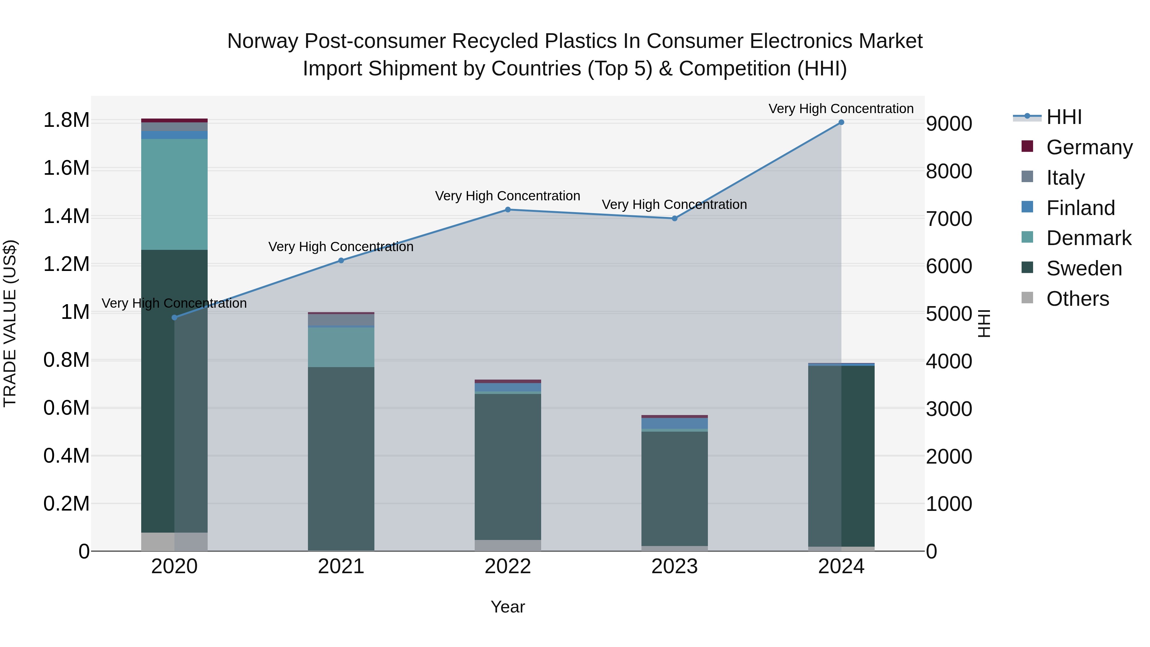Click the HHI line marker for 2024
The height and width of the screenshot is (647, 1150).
point(841,122)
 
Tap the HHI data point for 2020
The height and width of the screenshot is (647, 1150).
point(174,318)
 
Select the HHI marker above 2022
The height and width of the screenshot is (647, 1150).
point(508,209)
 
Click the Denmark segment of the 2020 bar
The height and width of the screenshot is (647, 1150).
point(174,194)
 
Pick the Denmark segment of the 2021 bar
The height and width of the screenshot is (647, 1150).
point(341,347)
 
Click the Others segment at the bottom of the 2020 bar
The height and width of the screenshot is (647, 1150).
point(174,542)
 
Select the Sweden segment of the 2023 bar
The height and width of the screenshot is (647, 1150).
point(675,489)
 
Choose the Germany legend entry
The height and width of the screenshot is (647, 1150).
point(1089,147)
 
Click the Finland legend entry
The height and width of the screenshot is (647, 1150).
point(1080,208)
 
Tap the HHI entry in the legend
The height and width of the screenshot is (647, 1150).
point(1064,117)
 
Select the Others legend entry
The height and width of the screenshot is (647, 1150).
point(1077,299)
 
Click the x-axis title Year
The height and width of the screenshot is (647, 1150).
point(508,607)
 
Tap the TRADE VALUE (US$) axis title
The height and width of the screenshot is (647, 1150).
point(10,323)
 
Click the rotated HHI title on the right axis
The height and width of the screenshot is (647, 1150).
point(984,323)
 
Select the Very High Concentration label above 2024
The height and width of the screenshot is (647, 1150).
point(841,109)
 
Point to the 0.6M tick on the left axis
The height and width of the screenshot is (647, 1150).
point(66,408)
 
